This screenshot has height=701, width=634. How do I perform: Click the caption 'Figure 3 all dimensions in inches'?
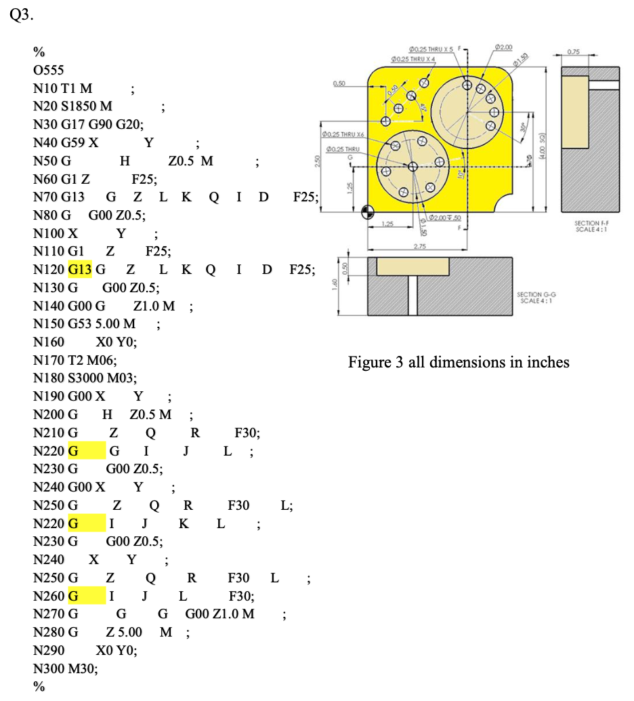[x=459, y=362]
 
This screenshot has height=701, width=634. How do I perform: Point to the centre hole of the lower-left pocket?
[x=411, y=167]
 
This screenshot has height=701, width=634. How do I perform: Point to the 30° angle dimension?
[x=523, y=126]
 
